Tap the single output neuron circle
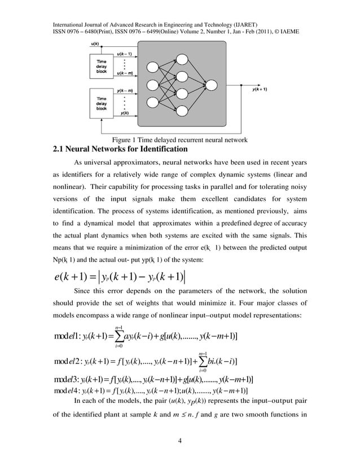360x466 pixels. coord(212,86)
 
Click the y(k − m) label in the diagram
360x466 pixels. coord(125,90)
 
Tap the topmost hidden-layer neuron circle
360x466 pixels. coord(183,59)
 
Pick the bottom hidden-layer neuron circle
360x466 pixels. coord(183,113)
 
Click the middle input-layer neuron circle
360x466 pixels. coord(153,86)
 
